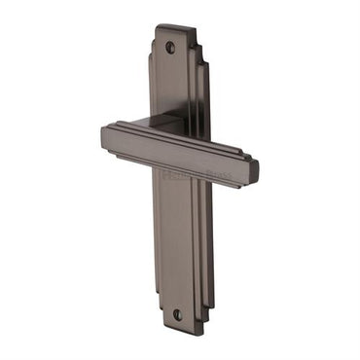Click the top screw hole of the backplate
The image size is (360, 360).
point(170,47)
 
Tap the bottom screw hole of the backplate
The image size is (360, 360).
point(177,314)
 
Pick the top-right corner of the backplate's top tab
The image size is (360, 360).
point(195,25)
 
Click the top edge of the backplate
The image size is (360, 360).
point(175,26)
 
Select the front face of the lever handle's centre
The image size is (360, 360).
point(180,154)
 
